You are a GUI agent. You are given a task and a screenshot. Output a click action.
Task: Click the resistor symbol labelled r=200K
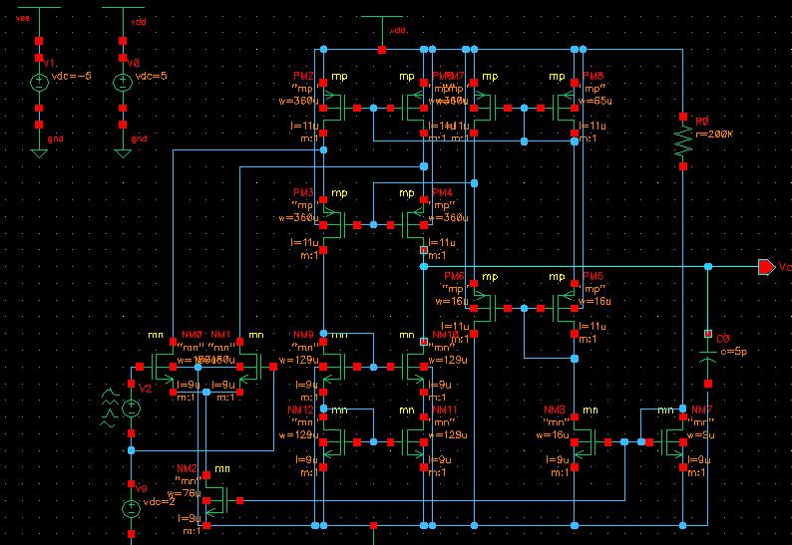[x=683, y=140]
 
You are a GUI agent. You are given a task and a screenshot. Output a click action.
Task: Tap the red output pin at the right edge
[x=765, y=267]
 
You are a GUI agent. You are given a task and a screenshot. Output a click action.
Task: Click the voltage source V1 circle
[x=39, y=84]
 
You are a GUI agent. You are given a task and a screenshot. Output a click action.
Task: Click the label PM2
[x=303, y=77]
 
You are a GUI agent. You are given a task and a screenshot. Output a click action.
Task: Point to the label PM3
[x=303, y=192]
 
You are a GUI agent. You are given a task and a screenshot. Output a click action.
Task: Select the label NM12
[x=303, y=409]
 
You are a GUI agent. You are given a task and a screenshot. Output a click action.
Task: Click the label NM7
[x=702, y=409]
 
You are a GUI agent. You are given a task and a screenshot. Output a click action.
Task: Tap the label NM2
[x=187, y=468]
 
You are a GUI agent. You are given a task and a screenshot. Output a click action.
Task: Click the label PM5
[x=594, y=276]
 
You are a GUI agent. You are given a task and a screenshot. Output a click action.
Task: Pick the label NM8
[x=555, y=409]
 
